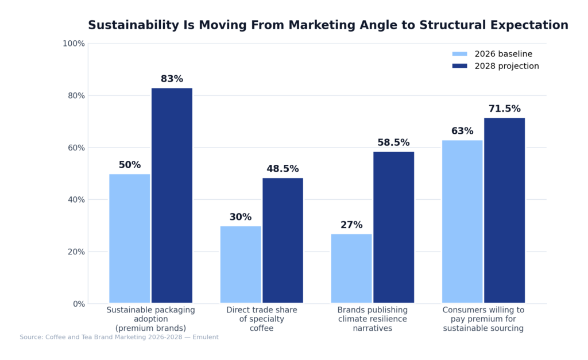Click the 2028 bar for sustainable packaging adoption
tap(172, 195)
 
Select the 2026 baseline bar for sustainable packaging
tap(129, 238)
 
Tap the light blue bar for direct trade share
tap(241, 264)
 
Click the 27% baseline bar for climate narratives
tap(351, 268)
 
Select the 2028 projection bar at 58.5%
tap(393, 227)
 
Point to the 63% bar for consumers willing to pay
tap(462, 221)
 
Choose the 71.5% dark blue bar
tap(504, 210)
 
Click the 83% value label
tap(172, 79)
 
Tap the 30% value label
tap(241, 217)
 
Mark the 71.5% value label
tap(504, 109)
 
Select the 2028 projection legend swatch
tap(459, 66)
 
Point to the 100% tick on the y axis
tap(73, 44)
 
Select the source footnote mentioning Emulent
tap(119, 338)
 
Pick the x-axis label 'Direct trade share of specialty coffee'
tap(261, 319)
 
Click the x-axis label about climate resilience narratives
tap(372, 319)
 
